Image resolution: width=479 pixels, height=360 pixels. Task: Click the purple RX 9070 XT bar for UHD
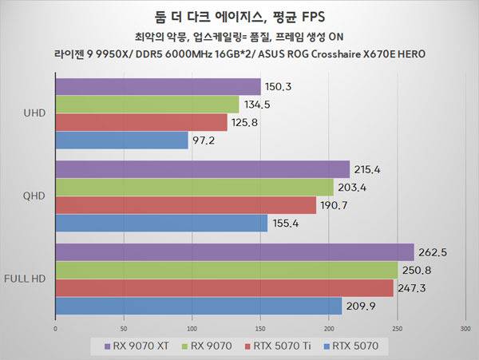pyautogui.click(x=158, y=87)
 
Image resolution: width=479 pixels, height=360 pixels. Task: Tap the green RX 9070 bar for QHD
pyautogui.click(x=194, y=187)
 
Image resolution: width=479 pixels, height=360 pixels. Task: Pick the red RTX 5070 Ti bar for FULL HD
pyautogui.click(x=224, y=287)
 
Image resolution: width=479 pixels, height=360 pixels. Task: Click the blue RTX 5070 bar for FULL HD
pyautogui.click(x=198, y=305)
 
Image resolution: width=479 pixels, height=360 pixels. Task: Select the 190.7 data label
pyautogui.click(x=335, y=205)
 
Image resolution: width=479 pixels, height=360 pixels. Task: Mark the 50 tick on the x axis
pyautogui.click(x=124, y=327)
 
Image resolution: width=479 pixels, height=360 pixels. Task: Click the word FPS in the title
pyautogui.click(x=315, y=15)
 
